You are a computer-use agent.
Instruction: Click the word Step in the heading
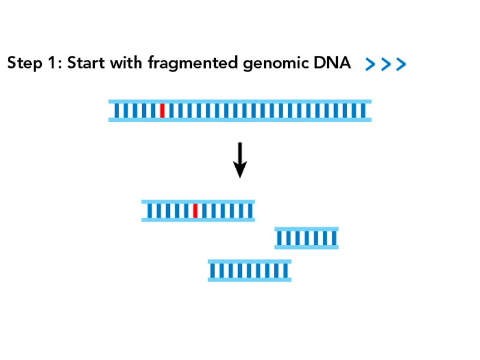(25, 63)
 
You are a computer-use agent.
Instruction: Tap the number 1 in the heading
(52, 63)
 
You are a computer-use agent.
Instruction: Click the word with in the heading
(126, 62)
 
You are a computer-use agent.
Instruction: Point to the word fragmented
(193, 64)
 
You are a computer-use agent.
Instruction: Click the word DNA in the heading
(332, 63)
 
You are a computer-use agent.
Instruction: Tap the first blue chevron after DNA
(370, 64)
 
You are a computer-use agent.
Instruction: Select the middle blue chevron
(386, 64)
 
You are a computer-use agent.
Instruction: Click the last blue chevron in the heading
(401, 64)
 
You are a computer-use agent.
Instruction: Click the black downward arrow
(240, 160)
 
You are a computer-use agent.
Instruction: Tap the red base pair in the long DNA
(163, 110)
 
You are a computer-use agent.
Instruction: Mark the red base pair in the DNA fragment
(196, 211)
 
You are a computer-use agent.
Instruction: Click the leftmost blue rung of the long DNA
(116, 110)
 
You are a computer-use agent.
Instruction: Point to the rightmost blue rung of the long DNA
(364, 110)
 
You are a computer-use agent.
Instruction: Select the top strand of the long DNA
(240, 101)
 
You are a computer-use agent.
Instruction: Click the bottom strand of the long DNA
(240, 119)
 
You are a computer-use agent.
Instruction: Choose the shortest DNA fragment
(307, 238)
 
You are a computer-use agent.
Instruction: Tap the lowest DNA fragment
(250, 271)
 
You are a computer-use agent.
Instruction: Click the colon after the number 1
(60, 65)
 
